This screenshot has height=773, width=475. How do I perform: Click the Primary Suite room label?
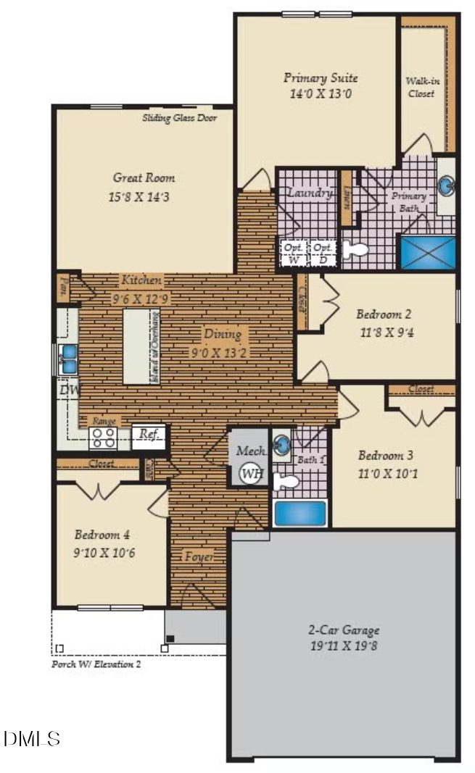pos(321,78)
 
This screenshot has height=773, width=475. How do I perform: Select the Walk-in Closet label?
pos(421,87)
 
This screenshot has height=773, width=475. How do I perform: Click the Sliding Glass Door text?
pos(178,118)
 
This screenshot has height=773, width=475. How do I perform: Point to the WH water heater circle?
pos(251,473)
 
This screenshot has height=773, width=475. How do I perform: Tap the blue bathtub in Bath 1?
pos(300,513)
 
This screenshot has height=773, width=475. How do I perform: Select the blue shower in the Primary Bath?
pos(428,251)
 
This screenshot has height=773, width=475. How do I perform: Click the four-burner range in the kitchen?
pos(103,438)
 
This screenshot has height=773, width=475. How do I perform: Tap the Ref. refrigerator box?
pos(149,435)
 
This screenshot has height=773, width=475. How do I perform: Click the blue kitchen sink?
pos(70,359)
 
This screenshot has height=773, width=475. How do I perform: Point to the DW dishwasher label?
pos(70,390)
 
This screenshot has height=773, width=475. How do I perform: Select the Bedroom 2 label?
pos(384,314)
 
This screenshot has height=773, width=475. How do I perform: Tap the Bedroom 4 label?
pos(102,535)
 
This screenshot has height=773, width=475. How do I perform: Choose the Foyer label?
pos(198,557)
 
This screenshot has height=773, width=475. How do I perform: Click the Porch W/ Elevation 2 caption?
pos(96,664)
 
